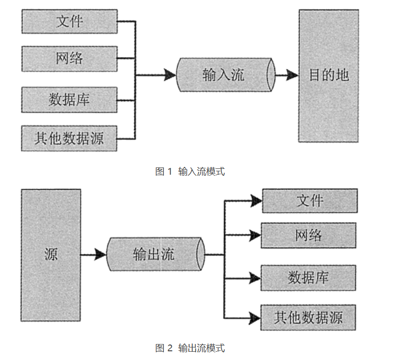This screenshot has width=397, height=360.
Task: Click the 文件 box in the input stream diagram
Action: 69,21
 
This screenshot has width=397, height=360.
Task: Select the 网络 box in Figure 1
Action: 69,59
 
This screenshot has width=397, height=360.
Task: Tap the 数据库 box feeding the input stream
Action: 69,100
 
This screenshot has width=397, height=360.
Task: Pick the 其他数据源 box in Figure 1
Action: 69,138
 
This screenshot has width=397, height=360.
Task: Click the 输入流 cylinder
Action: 224,75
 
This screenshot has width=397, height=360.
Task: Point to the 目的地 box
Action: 328,75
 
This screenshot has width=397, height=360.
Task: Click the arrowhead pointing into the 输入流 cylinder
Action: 170,75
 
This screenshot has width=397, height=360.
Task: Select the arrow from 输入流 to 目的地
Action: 287,75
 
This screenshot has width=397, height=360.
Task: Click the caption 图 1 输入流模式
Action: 190,171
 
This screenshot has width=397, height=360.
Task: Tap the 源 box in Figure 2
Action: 51,255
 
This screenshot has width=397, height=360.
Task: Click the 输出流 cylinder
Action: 154,255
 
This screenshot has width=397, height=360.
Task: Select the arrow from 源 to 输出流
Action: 94,255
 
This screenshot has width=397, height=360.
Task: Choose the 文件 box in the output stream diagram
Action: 309,201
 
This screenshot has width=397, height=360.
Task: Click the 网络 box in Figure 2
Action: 309,236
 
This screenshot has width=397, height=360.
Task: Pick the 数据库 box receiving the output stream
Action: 309,278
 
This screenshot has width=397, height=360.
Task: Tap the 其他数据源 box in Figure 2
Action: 309,317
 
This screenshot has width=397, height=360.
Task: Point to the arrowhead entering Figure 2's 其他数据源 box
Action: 255,317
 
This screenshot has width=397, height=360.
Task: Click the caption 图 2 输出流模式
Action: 190,348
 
